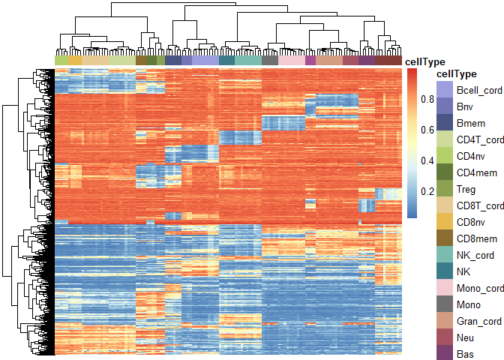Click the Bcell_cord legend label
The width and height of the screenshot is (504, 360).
pos(479,90)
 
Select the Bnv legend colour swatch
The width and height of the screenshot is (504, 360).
pos(445,106)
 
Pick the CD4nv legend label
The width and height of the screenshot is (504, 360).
pos(471,156)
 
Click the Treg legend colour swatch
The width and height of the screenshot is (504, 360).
pos(445,189)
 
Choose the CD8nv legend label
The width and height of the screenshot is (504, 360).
pos(471,222)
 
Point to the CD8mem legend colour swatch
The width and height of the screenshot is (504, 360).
pos(445,238)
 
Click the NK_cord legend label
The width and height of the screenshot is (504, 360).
pos(475,255)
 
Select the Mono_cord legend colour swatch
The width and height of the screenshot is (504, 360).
pos(445,288)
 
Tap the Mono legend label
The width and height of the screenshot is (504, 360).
pos(469,304)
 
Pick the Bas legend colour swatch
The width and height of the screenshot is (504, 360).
pos(445,352)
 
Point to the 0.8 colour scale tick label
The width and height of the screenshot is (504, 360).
pos(427,99)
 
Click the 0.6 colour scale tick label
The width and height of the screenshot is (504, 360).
pos(427,130)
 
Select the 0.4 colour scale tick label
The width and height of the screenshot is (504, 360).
pos(427,160)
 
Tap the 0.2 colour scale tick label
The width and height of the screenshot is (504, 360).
pos(427,191)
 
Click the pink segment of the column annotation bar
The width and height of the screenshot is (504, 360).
pos(292,61)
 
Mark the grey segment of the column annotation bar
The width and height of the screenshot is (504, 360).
pos(270,61)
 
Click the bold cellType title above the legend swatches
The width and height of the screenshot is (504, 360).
pos(457,74)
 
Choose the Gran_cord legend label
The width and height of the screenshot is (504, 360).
pos(479,321)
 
